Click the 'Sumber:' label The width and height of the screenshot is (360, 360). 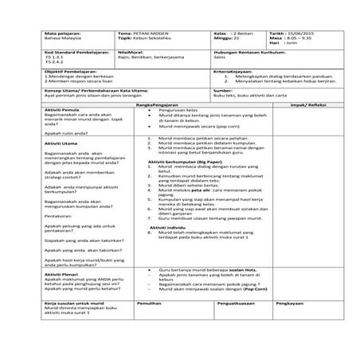[x=224, y=90]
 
